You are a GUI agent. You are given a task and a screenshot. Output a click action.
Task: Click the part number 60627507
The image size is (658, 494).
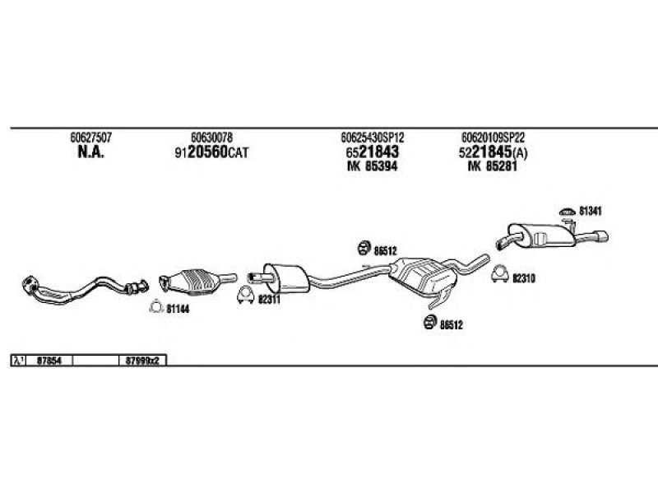[90, 137]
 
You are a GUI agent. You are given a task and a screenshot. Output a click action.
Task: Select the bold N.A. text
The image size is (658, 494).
[90, 152]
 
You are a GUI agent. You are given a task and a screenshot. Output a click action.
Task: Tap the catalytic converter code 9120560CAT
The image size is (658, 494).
[211, 152]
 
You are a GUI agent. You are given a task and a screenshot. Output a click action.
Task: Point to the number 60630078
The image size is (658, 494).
[211, 137]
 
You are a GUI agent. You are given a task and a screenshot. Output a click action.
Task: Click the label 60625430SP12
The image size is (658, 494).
[373, 137]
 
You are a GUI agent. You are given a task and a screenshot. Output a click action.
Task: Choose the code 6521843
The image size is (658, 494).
[373, 152]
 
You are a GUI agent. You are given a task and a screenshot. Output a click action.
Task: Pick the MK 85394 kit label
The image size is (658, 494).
[373, 166]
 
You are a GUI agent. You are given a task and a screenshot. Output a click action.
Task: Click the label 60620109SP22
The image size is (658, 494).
[493, 137]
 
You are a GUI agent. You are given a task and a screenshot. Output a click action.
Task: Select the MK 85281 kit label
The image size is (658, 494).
[493, 166]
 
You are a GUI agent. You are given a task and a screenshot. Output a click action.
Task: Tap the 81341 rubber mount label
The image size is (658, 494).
[590, 211]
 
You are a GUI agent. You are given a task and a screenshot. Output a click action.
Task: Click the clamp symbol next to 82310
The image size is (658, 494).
[500, 274]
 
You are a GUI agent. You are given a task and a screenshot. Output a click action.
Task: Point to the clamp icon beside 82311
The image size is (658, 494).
[245, 295]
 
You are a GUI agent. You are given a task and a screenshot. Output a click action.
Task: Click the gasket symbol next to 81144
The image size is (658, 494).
[155, 306]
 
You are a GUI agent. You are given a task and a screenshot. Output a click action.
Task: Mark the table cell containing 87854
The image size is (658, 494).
[49, 361]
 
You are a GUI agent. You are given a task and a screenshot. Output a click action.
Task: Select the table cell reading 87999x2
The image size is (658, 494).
[143, 361]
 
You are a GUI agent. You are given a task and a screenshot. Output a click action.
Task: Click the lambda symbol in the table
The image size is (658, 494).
[18, 361]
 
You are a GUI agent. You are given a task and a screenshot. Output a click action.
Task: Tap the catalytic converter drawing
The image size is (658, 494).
[197, 281]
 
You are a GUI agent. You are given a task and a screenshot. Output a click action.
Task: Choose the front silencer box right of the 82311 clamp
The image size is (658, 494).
[286, 278]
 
